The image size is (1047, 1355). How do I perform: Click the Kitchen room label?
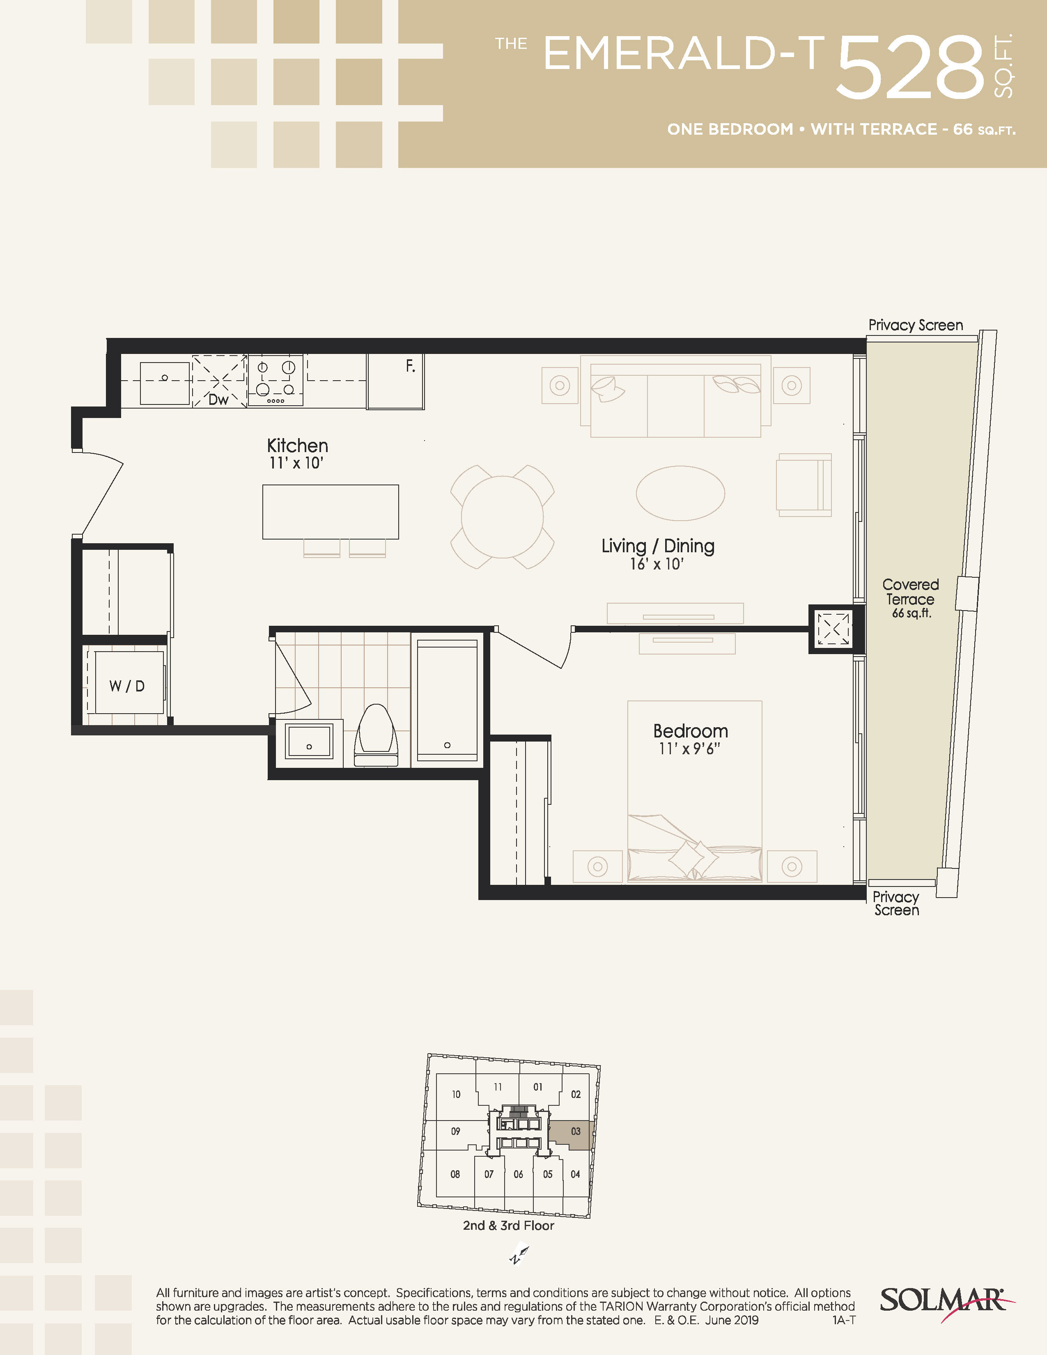point(297,446)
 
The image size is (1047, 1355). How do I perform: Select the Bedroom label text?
point(690,731)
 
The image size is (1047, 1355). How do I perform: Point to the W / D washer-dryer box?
point(129,682)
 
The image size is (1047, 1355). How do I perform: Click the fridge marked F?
point(396,381)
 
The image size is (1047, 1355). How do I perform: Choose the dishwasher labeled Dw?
point(220,381)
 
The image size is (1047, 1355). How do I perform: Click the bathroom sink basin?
point(309,741)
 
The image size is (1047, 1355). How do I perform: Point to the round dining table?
point(503,517)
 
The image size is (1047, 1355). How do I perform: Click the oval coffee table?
point(680,493)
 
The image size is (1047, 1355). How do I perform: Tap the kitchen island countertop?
point(331,512)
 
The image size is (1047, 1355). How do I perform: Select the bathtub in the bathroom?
point(447,700)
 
